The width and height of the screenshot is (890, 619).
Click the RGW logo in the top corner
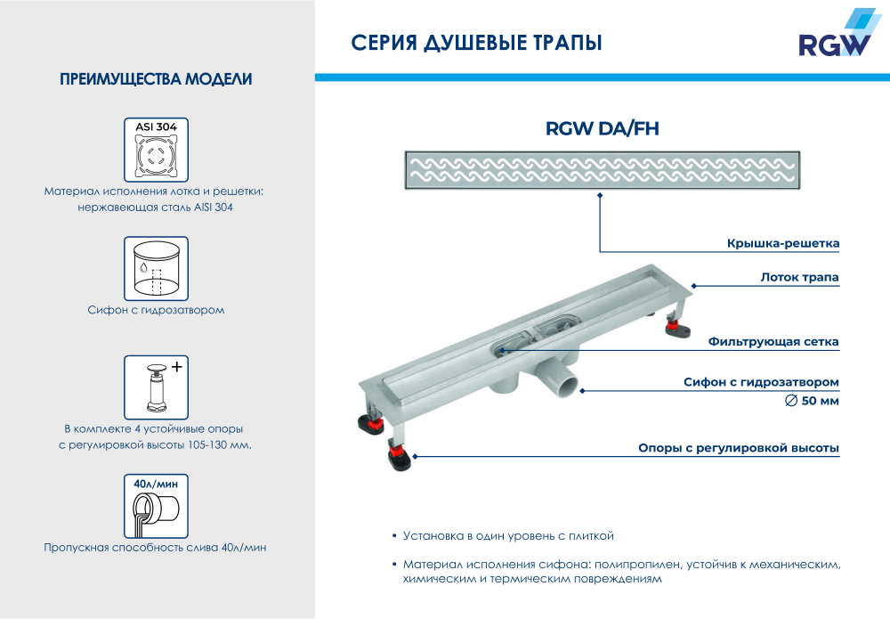[x=832, y=37]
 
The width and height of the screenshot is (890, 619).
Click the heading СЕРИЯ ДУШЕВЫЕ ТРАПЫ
[x=476, y=43]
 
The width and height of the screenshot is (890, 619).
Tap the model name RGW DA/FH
[x=602, y=130]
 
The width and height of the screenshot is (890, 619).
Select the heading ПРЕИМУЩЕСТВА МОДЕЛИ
[x=156, y=80]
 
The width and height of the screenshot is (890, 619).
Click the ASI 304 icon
[x=156, y=149]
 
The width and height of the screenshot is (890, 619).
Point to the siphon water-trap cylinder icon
[x=156, y=267]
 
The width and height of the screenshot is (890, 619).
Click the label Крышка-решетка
[x=782, y=243]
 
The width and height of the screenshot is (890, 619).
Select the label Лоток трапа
[x=799, y=277]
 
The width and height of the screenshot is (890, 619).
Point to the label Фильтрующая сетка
[x=773, y=341]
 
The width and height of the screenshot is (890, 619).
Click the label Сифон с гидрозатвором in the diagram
[x=761, y=382]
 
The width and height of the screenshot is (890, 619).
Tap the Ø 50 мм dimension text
[x=812, y=401]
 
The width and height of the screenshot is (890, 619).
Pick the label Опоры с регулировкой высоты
[x=739, y=448]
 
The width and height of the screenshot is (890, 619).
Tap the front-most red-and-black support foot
[x=400, y=460]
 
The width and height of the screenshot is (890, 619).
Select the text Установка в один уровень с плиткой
[x=508, y=536]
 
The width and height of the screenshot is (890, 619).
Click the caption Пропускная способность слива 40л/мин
[x=156, y=548]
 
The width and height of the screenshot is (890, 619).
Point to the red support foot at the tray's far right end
[x=677, y=330]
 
